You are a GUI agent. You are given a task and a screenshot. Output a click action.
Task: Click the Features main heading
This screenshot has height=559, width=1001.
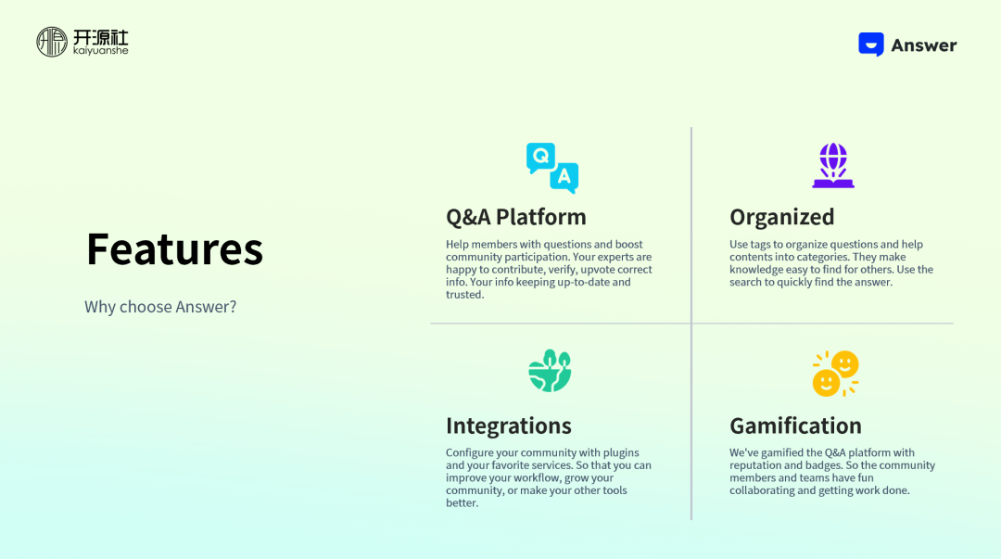click(x=174, y=248)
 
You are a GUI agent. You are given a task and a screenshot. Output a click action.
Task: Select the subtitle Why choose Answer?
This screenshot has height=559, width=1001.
click(x=160, y=307)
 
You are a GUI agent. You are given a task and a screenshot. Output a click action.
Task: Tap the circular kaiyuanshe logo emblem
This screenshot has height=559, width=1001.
click(x=52, y=42)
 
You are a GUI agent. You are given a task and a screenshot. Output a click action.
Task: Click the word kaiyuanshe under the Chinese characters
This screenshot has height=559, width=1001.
click(x=101, y=50)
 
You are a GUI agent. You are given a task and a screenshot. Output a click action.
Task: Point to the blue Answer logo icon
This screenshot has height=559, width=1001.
click(x=870, y=44)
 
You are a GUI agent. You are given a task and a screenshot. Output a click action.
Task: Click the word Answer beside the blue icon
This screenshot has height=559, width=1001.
click(x=924, y=45)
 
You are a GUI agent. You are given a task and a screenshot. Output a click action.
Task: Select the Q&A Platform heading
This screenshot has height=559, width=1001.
click(x=516, y=217)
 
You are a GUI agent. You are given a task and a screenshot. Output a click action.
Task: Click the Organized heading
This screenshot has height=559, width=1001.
click(x=781, y=217)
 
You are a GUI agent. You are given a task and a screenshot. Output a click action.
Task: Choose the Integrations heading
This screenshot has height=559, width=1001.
click(x=508, y=426)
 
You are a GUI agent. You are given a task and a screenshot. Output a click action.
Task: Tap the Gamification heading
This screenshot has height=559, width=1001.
click(x=795, y=426)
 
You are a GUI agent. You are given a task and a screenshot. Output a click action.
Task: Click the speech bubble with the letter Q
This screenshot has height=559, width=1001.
click(x=540, y=158)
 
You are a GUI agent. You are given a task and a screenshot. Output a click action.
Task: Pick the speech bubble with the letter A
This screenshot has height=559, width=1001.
click(x=564, y=177)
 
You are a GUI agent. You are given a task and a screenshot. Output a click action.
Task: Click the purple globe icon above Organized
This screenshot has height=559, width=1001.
click(x=833, y=165)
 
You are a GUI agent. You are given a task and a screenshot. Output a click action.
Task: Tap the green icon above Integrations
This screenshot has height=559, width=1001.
click(x=550, y=371)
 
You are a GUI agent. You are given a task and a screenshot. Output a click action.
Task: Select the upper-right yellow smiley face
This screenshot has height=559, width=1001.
click(x=845, y=365)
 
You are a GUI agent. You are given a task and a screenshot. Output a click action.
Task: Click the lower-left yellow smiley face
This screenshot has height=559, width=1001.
click(x=826, y=383)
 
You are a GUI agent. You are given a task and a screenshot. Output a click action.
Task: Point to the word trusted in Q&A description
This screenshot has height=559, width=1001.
click(x=464, y=295)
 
